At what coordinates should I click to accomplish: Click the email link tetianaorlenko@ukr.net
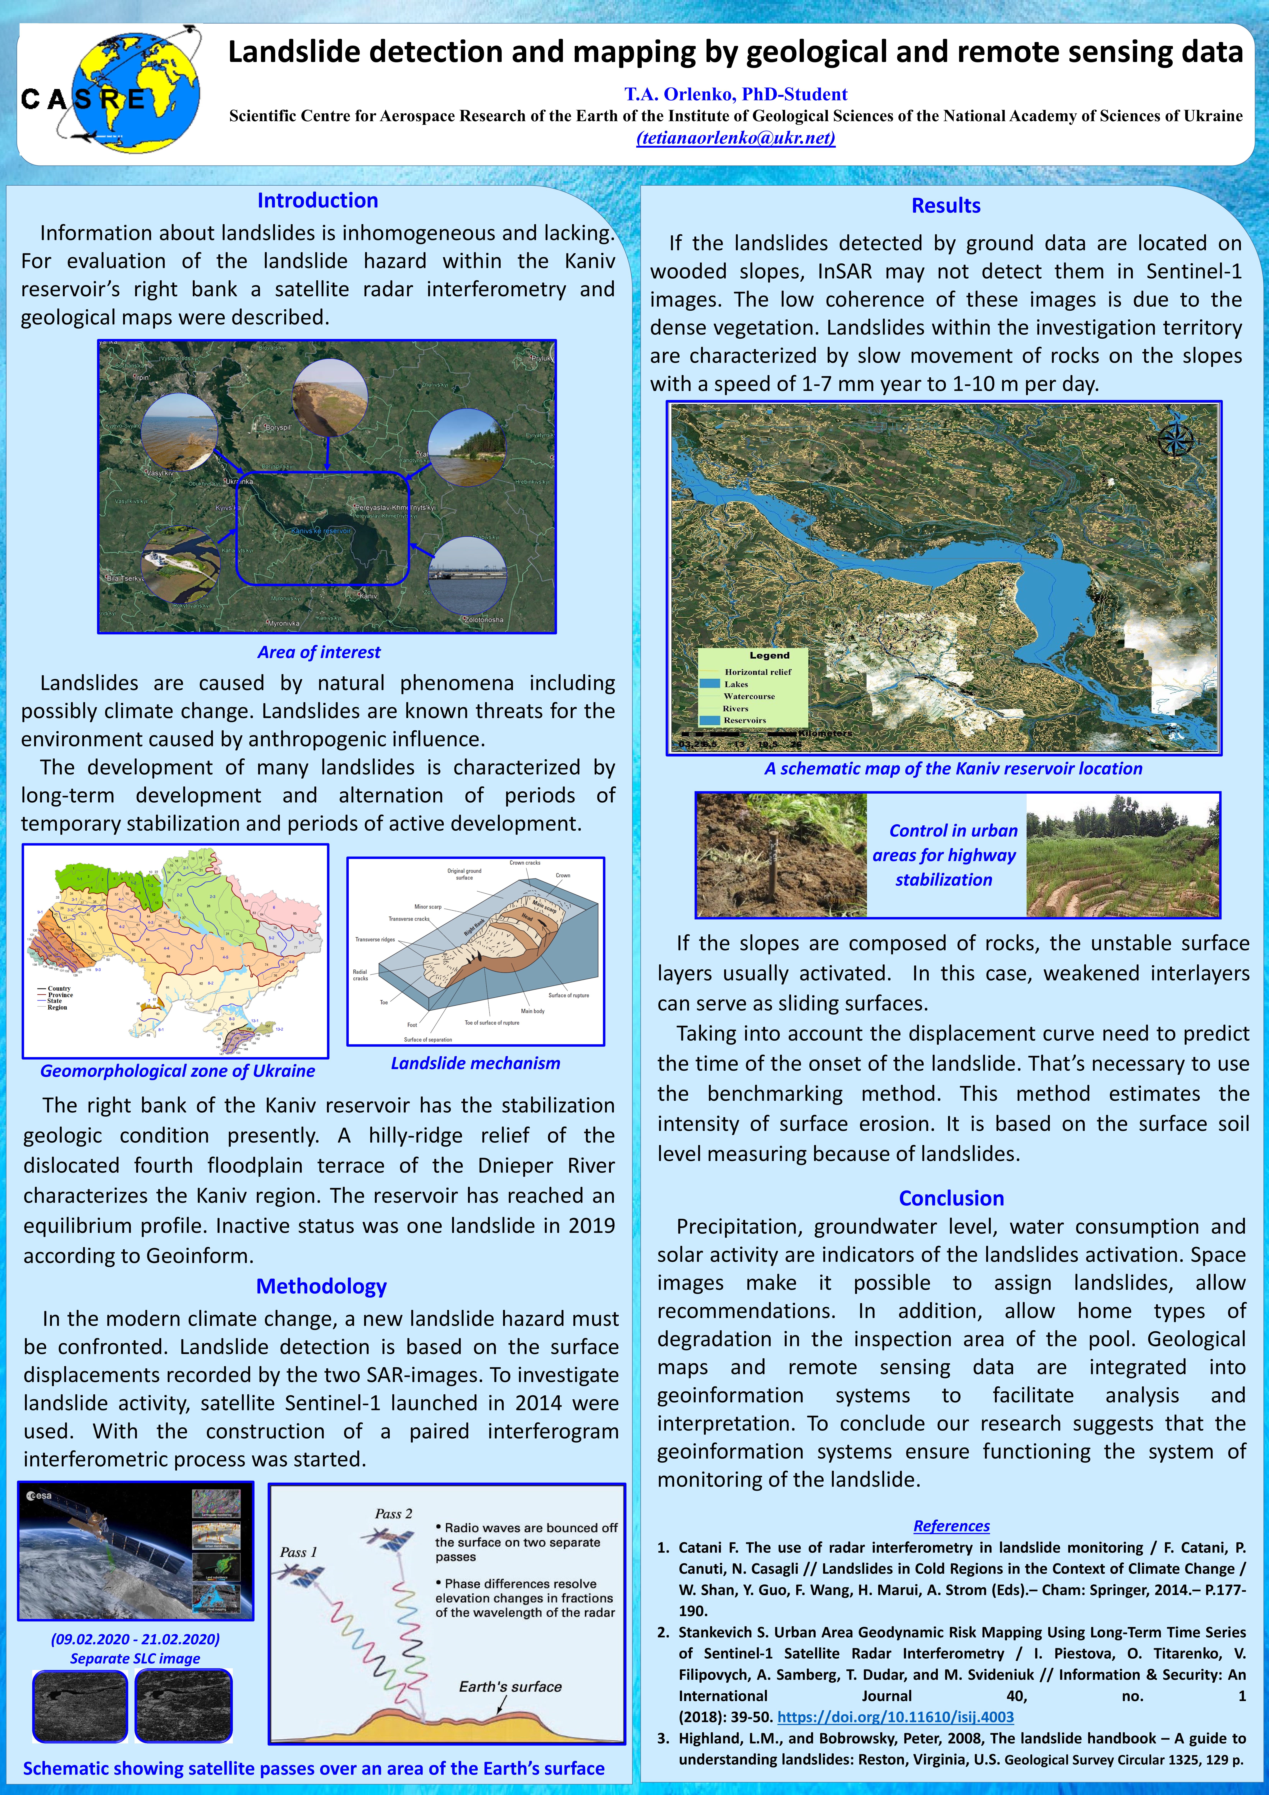click(735, 138)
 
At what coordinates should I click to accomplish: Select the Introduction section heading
click(317, 201)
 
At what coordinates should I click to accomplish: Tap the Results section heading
click(946, 206)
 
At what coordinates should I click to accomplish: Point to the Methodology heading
click(321, 1286)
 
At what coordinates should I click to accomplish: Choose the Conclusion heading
click(951, 1198)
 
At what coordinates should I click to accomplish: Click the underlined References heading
click(951, 1525)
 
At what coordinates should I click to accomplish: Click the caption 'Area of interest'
click(319, 652)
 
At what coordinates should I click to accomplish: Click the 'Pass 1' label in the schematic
click(299, 1552)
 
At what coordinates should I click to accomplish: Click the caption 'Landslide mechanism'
click(475, 1063)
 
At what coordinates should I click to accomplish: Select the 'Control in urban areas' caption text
click(944, 855)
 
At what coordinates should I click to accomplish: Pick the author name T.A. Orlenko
click(735, 95)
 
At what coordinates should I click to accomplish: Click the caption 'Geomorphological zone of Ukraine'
click(177, 1071)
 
